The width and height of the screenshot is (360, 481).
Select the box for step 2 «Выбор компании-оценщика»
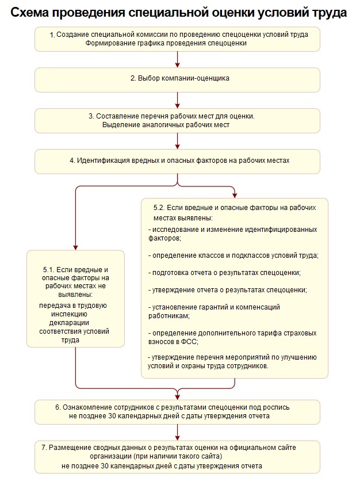[x=177, y=80]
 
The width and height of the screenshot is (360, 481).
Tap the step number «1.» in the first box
[x=52, y=35]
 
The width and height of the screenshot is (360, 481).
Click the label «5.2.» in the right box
[x=161, y=206]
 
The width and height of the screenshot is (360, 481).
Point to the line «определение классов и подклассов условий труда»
[x=233, y=255]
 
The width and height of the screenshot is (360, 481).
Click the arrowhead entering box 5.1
[x=75, y=247]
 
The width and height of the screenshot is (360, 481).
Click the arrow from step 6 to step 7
[x=178, y=432]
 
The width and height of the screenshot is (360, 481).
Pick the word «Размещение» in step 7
[x=68, y=447]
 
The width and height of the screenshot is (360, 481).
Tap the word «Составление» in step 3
[x=115, y=116]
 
